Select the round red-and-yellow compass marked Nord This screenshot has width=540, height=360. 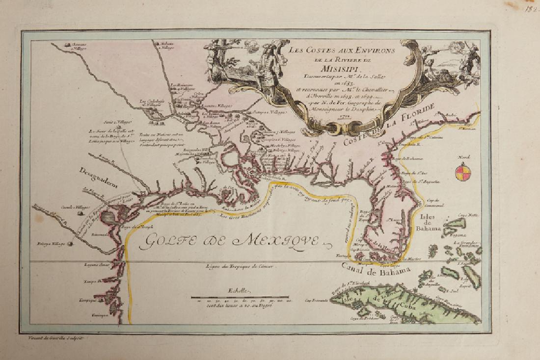tap(463, 172)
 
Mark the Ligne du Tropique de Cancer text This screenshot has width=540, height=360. tap(239, 266)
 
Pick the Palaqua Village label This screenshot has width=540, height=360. tap(52, 244)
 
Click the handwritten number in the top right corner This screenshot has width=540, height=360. tap(532, 9)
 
